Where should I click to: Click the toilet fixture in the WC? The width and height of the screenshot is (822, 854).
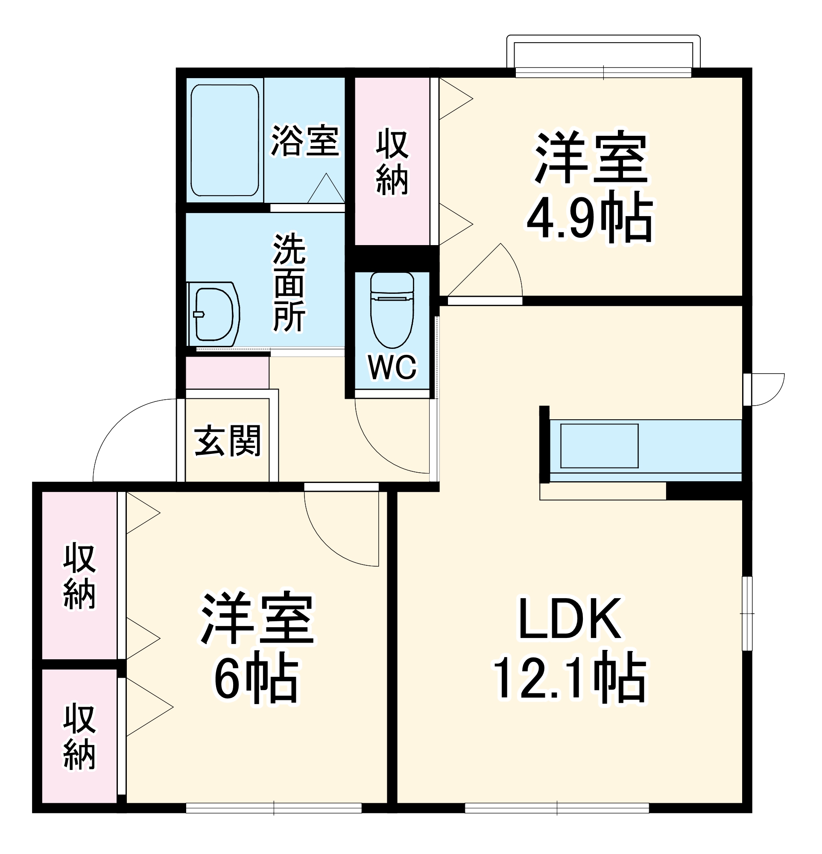pyautogui.click(x=392, y=309)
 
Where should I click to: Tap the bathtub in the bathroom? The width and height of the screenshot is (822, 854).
pyautogui.click(x=225, y=140)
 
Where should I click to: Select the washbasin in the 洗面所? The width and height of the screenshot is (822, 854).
pyautogui.click(x=213, y=314)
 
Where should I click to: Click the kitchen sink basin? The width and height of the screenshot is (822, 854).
pyautogui.click(x=599, y=445)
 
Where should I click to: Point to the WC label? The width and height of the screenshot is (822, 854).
pyautogui.click(x=392, y=367)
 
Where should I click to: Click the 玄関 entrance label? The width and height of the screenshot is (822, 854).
pyautogui.click(x=227, y=441)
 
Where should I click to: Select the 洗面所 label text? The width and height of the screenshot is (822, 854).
pyautogui.click(x=289, y=283)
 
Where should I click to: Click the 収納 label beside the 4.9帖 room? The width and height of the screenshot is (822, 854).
pyautogui.click(x=392, y=162)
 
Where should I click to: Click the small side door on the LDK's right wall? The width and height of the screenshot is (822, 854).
pyautogui.click(x=764, y=389)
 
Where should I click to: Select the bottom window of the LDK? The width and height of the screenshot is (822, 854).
pyautogui.click(x=557, y=808)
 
